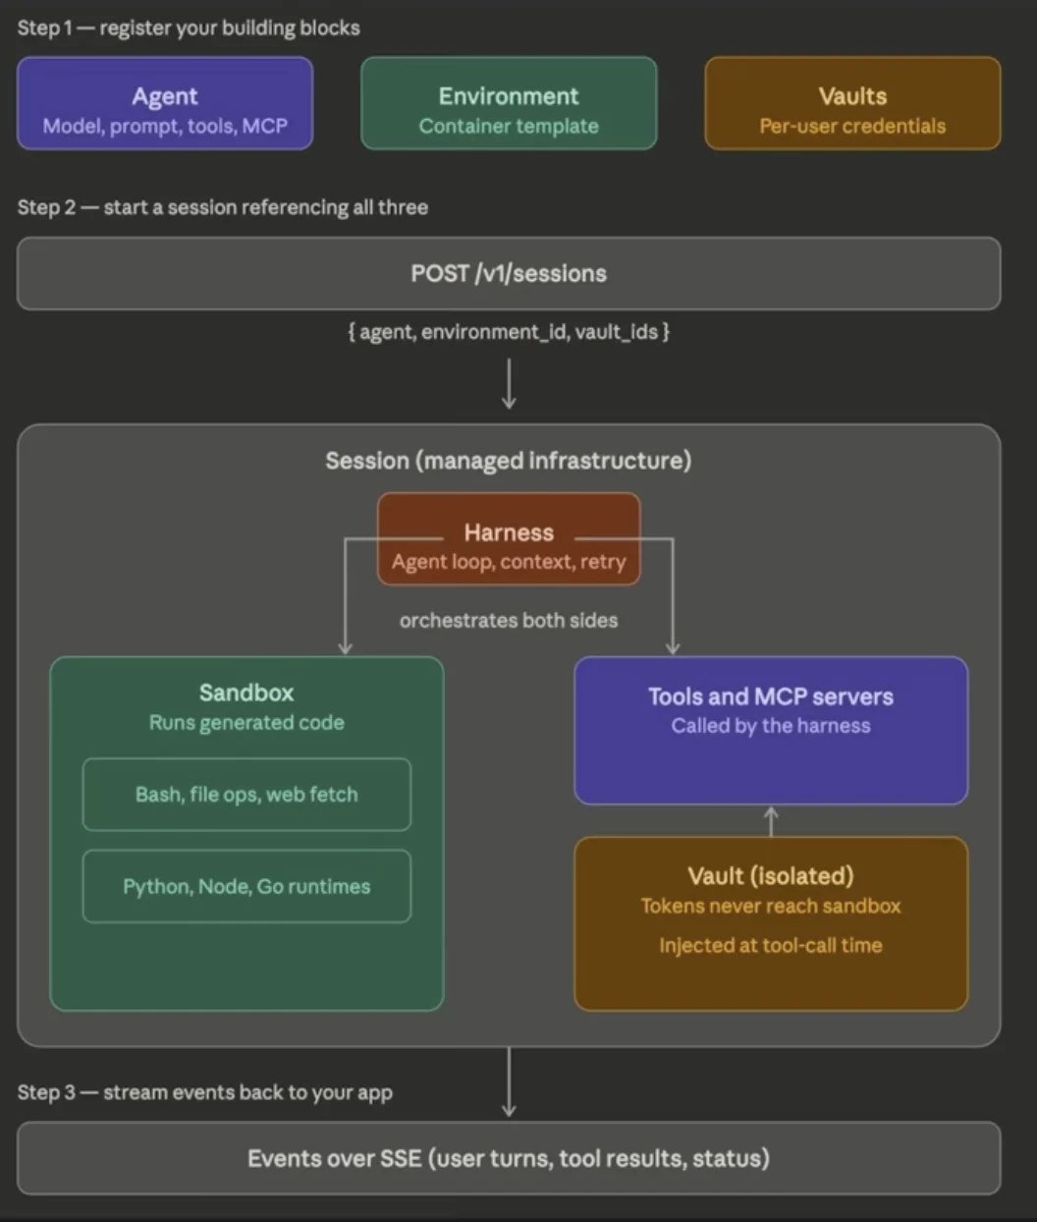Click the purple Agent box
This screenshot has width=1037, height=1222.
[165, 104]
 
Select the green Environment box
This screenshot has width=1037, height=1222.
[509, 104]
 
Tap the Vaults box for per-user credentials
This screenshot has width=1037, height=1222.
[852, 104]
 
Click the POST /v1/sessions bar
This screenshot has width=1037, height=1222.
[509, 274]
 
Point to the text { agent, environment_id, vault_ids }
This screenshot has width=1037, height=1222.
[509, 332]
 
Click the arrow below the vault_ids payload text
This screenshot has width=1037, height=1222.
[509, 384]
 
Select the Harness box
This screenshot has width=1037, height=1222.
[509, 540]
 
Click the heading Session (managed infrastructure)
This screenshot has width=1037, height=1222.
[509, 461]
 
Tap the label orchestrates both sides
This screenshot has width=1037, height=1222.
[509, 621]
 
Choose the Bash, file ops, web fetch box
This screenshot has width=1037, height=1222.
[246, 795]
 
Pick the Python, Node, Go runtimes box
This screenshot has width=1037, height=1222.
[246, 887]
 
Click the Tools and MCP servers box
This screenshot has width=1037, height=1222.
[771, 731]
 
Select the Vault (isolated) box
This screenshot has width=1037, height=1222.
[771, 923]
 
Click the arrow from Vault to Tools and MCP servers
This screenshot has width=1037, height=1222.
[771, 820]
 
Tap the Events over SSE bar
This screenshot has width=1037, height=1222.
[509, 1159]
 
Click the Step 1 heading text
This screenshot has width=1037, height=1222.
[189, 28]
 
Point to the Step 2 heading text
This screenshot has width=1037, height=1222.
[223, 207]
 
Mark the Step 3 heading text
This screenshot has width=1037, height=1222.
[205, 1092]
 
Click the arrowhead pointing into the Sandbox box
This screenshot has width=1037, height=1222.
[345, 647]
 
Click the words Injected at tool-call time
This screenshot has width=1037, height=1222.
[771, 946]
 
